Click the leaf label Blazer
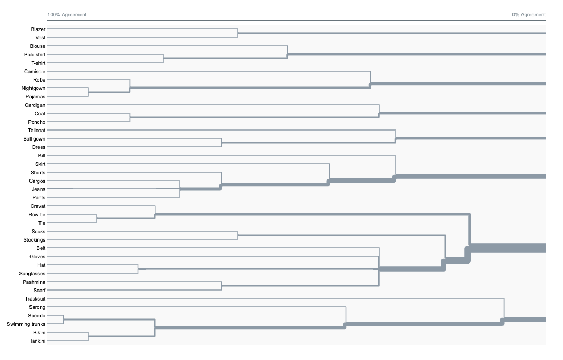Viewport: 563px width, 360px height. point(38,29)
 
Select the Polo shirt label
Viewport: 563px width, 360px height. point(35,55)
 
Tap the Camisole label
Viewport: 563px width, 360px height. point(35,72)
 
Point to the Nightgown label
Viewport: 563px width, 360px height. point(33,88)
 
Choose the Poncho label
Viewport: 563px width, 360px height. point(37,122)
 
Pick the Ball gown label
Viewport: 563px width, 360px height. point(34,139)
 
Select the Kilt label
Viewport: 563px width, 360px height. point(42,156)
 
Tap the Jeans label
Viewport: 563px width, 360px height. point(38,189)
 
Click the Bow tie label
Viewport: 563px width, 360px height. point(37,215)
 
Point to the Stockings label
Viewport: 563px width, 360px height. point(34,240)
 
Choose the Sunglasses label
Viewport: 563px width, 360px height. point(32,274)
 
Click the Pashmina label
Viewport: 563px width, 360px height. point(34,282)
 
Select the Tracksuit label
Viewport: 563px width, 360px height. point(35,299)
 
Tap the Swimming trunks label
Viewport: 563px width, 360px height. point(26,324)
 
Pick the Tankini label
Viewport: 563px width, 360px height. point(37,341)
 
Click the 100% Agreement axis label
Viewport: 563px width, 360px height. point(67,15)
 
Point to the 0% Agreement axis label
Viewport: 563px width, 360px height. point(529,15)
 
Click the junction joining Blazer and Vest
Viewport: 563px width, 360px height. point(238,34)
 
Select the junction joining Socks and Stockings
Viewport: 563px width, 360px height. point(238,236)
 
